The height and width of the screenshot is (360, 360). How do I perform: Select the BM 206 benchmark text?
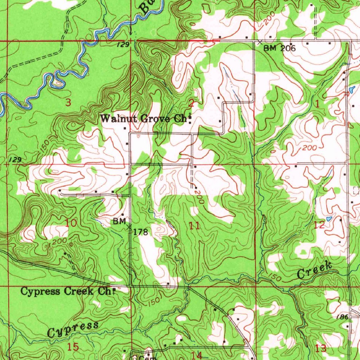pyautogui.click(x=279, y=48)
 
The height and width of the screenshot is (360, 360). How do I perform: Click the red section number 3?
pyautogui.click(x=69, y=103)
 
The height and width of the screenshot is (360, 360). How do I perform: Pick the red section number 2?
pyautogui.click(x=191, y=103)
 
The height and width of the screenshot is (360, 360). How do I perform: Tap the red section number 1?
pyautogui.click(x=318, y=104)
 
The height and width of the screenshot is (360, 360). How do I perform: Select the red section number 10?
pyautogui.click(x=71, y=223)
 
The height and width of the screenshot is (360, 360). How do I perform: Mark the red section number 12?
pyautogui.click(x=319, y=225)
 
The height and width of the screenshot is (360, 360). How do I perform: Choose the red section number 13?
pyautogui.click(x=321, y=348)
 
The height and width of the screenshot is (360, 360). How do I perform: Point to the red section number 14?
pyautogui.click(x=197, y=355)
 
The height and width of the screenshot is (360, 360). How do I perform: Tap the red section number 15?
pyautogui.click(x=73, y=347)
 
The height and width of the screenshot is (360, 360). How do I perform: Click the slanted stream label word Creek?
pyautogui.click(x=315, y=271)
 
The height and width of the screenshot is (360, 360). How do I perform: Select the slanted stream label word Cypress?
pyautogui.click(x=73, y=329)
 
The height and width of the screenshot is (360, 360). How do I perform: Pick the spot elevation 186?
pyautogui.click(x=342, y=317)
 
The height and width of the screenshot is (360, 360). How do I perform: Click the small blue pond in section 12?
pyautogui.click(x=329, y=219)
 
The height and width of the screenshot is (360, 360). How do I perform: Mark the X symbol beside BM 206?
pyautogui.click(x=260, y=42)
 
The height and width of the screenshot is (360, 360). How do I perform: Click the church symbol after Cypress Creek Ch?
pyautogui.click(x=114, y=290)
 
